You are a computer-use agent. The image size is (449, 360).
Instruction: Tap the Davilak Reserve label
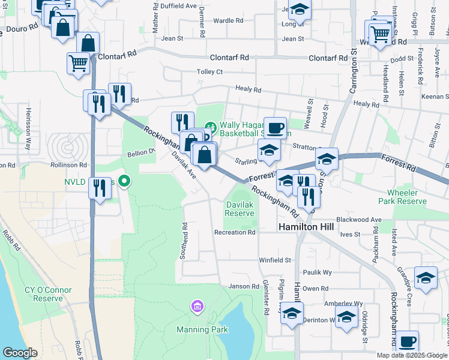240,209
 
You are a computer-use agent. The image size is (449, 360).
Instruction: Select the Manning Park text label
202,329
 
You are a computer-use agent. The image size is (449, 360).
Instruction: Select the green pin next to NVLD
125,180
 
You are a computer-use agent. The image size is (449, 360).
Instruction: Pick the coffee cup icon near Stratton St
275,127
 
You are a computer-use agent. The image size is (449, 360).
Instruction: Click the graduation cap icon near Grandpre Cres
426,278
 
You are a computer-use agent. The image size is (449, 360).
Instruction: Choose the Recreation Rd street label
235,232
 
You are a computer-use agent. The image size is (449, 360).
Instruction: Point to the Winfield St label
274,260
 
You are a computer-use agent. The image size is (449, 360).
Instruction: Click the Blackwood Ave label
359,220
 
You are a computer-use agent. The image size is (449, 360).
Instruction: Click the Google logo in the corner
20,353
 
